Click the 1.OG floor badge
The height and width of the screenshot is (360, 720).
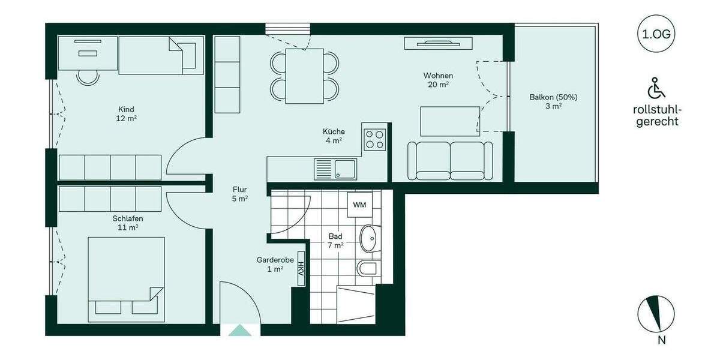(x=657, y=34)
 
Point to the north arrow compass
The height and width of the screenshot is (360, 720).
(x=656, y=314)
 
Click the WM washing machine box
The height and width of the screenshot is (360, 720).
(x=359, y=205)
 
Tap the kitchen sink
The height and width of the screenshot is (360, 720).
(x=345, y=169)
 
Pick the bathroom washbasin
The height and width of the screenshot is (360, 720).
(x=370, y=239)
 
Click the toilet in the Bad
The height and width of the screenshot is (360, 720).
(x=367, y=268)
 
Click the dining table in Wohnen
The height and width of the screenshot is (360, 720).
(x=304, y=76)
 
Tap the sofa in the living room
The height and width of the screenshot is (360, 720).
(x=450, y=161)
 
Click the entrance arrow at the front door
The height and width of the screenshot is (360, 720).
(x=240, y=329)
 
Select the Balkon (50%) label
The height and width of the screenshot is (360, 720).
(x=553, y=97)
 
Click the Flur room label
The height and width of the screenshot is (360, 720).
(x=239, y=190)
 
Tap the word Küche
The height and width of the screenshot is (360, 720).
(x=334, y=131)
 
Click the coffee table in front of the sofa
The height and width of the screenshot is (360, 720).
(x=450, y=121)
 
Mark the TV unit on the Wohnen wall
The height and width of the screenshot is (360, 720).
(x=439, y=43)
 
